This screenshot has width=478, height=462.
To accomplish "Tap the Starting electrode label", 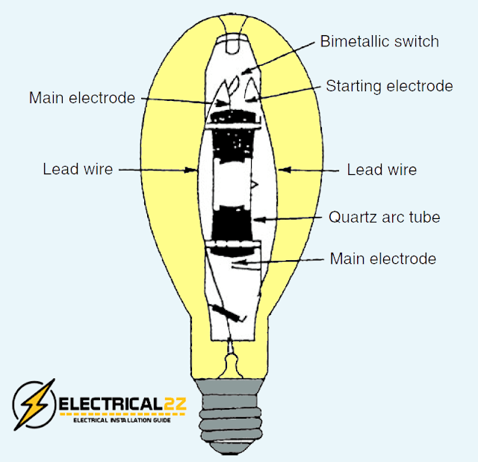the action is click(x=389, y=86).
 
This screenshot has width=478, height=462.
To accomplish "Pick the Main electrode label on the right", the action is click(x=383, y=259).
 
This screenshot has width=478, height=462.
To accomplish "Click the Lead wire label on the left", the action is click(x=78, y=170).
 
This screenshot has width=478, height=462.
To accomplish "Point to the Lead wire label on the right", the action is click(x=382, y=170).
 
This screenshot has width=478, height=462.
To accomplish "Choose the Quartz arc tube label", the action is click(x=385, y=218).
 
